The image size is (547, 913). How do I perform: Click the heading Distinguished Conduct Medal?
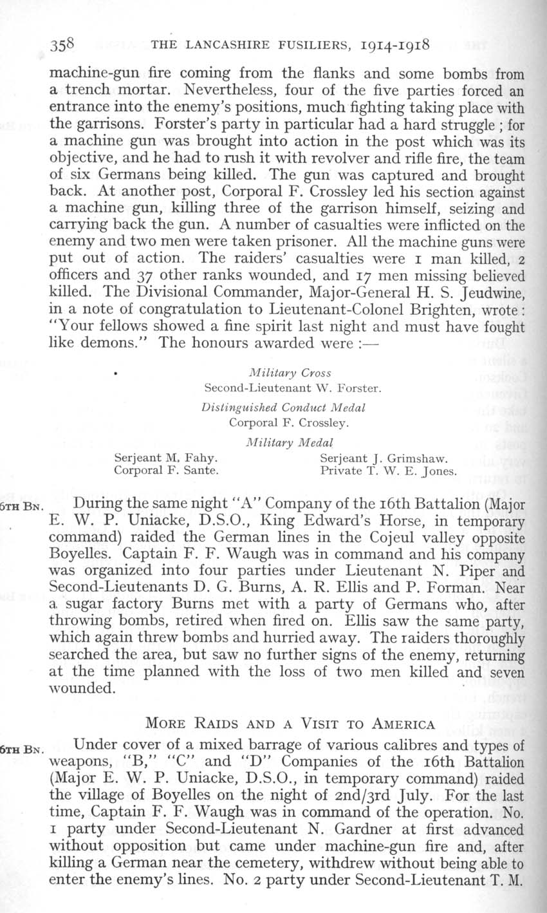[284, 408]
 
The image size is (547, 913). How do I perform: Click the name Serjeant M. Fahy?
[165, 458]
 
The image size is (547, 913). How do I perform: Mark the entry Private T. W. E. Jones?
[388, 471]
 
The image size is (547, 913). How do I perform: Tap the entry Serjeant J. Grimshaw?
[383, 458]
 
